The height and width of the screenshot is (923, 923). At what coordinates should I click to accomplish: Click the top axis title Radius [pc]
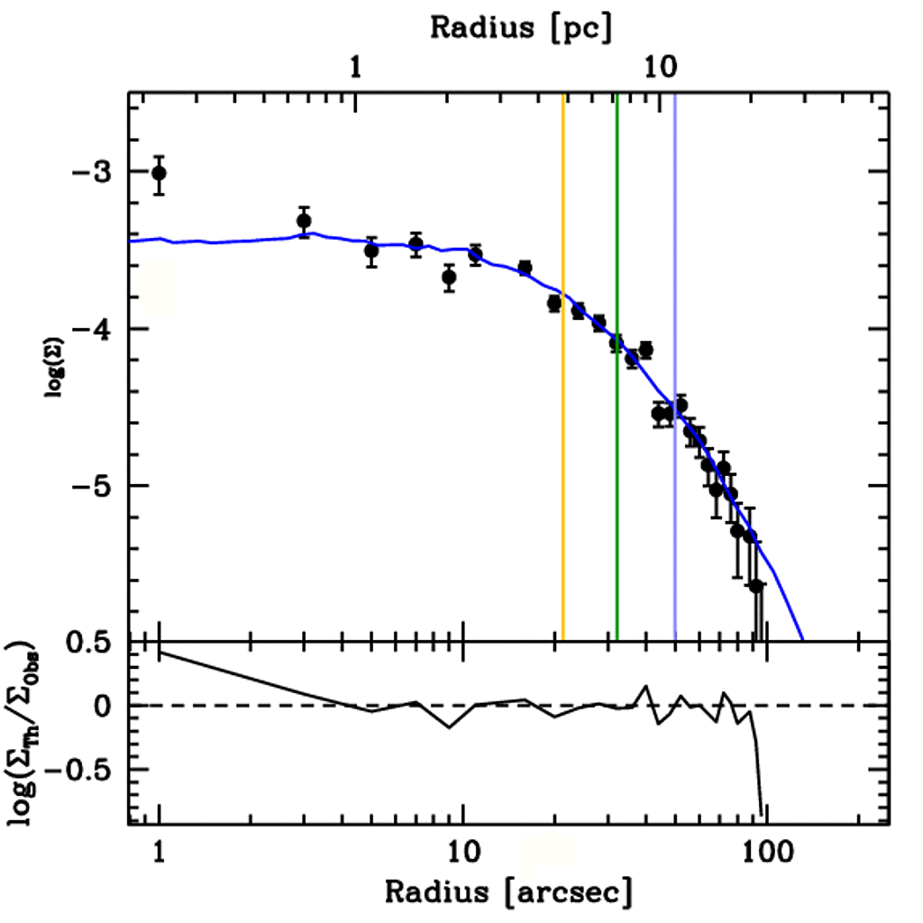click(x=521, y=27)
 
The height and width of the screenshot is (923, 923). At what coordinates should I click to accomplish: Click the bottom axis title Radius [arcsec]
click(x=508, y=891)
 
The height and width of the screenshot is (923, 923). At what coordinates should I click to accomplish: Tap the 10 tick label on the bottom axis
click(x=462, y=851)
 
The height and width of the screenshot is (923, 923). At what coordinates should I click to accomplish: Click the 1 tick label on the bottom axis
click(x=160, y=851)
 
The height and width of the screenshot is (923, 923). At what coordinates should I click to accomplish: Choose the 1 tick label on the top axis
click(x=357, y=68)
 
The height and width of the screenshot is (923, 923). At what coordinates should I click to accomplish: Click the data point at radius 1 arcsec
click(x=160, y=173)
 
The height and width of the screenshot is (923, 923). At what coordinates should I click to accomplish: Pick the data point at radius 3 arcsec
click(x=304, y=221)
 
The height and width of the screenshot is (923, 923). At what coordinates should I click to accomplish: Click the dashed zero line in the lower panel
click(x=361, y=705)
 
